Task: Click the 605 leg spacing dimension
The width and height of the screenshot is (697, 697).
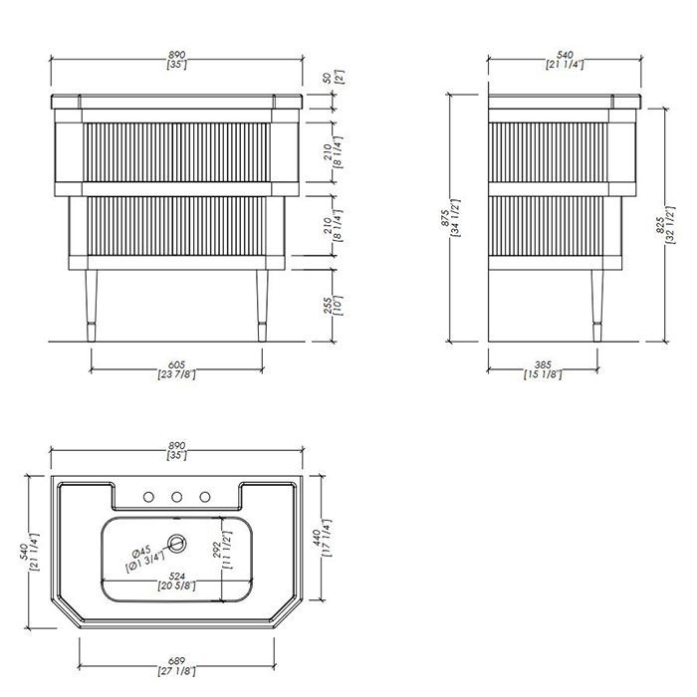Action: [177, 369]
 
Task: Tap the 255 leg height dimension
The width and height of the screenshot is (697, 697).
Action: [335, 306]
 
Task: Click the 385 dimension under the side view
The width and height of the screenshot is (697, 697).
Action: [543, 369]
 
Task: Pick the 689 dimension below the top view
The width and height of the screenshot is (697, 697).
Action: [177, 666]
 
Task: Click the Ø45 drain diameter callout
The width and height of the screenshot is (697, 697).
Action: [145, 555]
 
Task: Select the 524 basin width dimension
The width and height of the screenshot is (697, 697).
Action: [177, 581]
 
